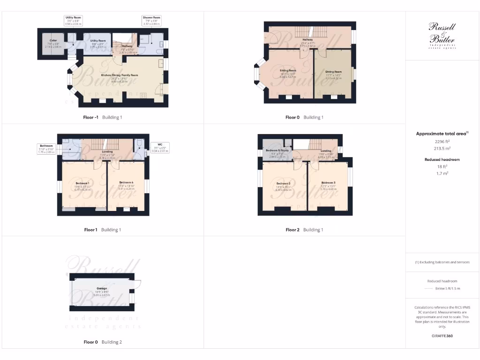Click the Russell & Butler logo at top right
click(442, 36)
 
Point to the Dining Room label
click(334, 72)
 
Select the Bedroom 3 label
click(328, 182)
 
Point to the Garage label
click(102, 288)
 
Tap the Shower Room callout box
click(151, 21)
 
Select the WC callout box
click(160, 148)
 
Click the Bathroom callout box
click(46, 148)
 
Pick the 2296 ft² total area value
click(442, 141)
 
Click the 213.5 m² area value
click(442, 148)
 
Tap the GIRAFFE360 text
click(442, 336)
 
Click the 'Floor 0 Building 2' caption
click(102, 342)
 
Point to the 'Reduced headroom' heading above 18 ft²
click(442, 159)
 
